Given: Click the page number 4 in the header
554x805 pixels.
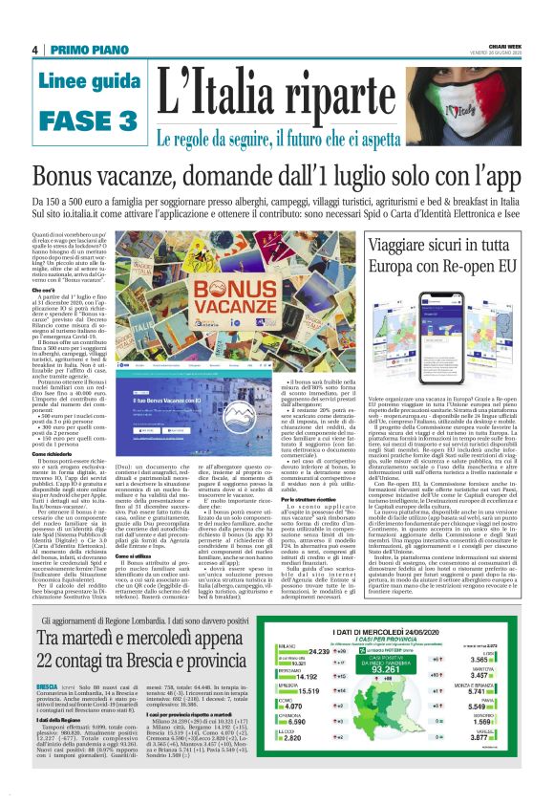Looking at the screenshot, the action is pyautogui.click(x=34, y=50).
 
